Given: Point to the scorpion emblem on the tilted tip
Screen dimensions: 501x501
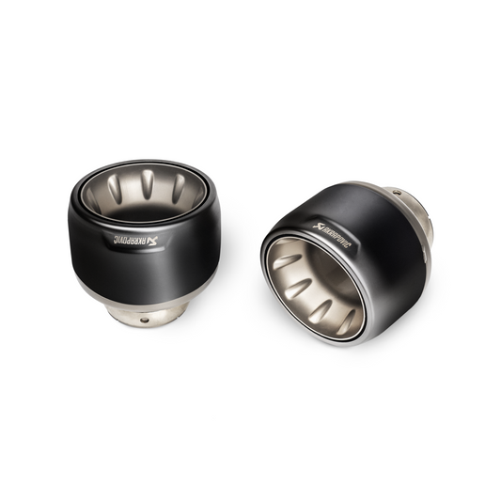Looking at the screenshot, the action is (318, 227).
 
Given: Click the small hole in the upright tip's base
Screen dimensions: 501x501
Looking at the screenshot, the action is (145, 320).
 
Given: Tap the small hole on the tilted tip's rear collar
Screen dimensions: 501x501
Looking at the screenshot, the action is (397, 193).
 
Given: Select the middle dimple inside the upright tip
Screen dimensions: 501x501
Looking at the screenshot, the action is (148, 184).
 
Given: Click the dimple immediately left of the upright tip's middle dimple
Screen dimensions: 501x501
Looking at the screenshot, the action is (115, 188).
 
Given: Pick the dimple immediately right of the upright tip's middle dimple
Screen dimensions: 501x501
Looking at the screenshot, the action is (179, 188).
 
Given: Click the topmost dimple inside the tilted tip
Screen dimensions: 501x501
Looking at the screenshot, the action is (287, 260).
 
